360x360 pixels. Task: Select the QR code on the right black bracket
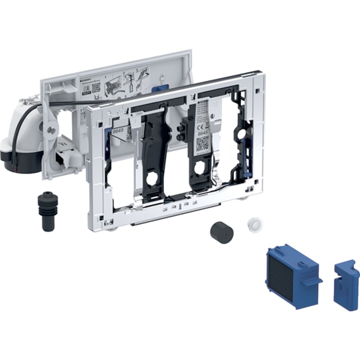202,143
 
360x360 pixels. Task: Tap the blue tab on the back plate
158,88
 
